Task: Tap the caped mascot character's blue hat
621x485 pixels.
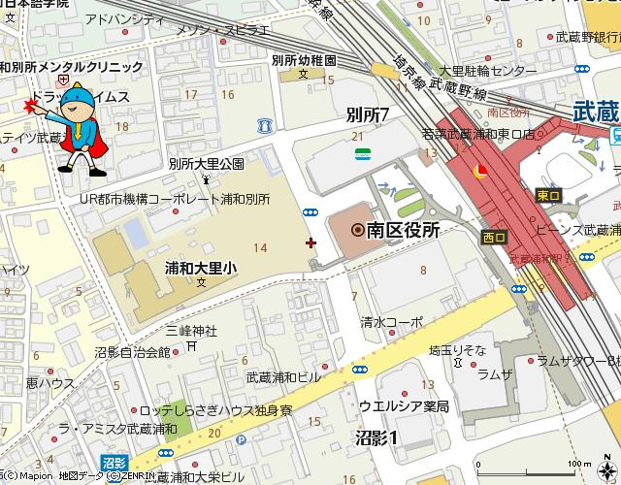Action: (84, 97)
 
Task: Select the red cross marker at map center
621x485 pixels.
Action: (310, 242)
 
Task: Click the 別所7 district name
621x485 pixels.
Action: (367, 114)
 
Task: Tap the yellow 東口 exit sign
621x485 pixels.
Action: (546, 194)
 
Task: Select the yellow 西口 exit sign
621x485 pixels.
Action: (494, 236)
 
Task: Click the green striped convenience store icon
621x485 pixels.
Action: (361, 153)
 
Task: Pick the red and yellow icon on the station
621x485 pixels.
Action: (478, 172)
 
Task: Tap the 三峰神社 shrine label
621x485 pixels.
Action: (190, 330)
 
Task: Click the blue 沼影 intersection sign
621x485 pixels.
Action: (114, 464)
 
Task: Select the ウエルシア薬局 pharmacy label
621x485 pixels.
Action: (404, 405)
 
